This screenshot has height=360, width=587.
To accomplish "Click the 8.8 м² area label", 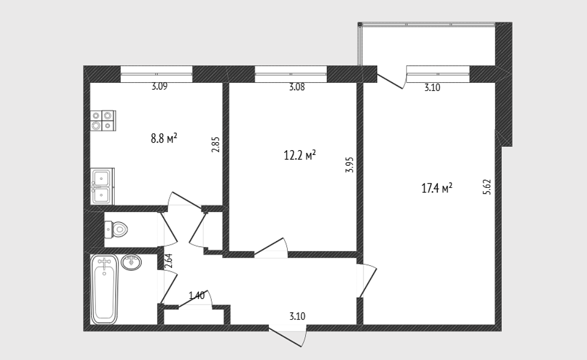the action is [x=164, y=138].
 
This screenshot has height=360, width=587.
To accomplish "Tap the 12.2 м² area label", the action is [x=300, y=155].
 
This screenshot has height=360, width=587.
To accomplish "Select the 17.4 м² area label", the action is [x=437, y=188].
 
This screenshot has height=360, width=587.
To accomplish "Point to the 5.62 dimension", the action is [x=487, y=187].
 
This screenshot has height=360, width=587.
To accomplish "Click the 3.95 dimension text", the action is [x=350, y=164].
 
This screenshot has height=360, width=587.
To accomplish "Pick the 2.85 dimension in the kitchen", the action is [x=215, y=144].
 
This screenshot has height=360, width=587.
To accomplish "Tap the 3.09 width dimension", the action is [x=159, y=87].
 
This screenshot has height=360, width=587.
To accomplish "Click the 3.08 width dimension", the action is [x=297, y=87].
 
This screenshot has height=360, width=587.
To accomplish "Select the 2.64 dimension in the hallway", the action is [x=169, y=261].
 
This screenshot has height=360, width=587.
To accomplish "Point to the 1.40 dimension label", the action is [x=197, y=295].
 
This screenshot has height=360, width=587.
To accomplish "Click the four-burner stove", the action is [x=103, y=121].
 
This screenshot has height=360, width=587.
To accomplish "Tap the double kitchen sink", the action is [x=102, y=186].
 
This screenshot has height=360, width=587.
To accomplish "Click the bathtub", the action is [x=104, y=290].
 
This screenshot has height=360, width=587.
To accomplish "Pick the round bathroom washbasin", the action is [x=131, y=262].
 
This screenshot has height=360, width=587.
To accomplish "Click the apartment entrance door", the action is [x=288, y=336].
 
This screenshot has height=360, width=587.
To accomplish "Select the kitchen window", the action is [x=157, y=74].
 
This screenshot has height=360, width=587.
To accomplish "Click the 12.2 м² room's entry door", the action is [x=271, y=248].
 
